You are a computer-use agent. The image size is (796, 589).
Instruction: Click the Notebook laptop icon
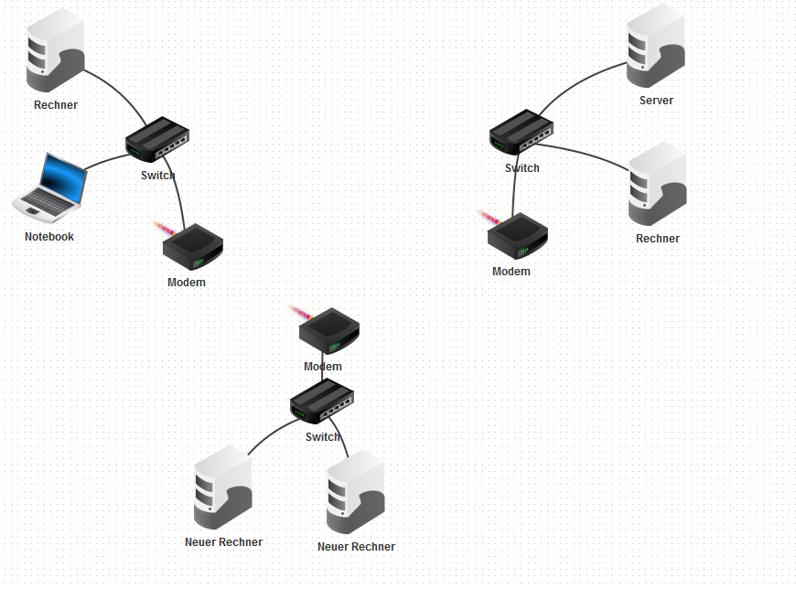[x=51, y=187]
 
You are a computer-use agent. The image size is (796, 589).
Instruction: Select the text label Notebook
[x=49, y=237]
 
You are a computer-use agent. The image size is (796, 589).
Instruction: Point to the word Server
[x=656, y=101]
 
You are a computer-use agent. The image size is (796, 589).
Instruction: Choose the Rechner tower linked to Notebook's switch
[x=55, y=51]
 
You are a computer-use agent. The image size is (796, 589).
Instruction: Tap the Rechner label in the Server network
[x=658, y=239]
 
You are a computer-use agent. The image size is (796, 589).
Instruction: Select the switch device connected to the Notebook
[x=157, y=139]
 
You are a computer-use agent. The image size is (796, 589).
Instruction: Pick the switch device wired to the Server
[x=522, y=131]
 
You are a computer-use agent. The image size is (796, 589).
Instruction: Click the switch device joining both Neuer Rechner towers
[x=322, y=401]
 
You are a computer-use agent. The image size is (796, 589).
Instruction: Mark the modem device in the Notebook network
[x=192, y=244]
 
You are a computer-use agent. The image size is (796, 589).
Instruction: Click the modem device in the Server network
[x=517, y=234]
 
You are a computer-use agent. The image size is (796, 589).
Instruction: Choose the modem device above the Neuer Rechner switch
[x=328, y=331]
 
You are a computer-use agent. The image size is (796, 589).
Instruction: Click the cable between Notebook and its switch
[x=107, y=162]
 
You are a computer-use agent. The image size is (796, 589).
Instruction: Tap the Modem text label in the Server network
[x=511, y=272]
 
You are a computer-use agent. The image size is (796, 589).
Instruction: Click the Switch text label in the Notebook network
[x=157, y=176]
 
